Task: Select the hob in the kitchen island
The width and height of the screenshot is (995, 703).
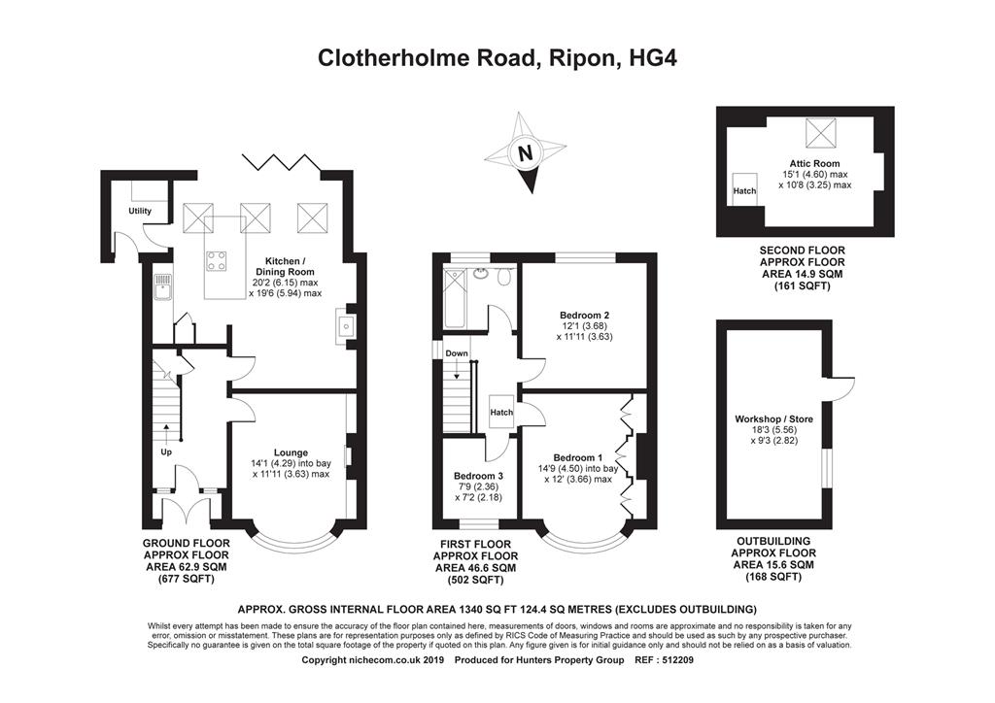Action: point(216,260)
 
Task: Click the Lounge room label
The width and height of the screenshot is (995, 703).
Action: point(291,452)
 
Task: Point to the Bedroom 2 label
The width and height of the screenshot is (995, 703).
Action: point(584,315)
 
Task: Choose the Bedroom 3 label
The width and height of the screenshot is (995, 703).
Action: point(478,476)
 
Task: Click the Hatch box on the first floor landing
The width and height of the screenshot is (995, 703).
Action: point(501,412)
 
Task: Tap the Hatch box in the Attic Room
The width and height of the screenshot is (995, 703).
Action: point(744,191)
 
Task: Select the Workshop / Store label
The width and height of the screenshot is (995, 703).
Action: point(773,419)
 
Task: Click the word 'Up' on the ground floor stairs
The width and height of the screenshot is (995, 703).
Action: point(166,452)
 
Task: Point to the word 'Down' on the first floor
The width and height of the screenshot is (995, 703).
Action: point(457,353)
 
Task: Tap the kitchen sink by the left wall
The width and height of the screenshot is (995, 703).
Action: point(160,285)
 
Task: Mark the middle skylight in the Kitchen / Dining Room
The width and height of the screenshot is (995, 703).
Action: point(256,215)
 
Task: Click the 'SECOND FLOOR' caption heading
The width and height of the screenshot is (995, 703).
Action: point(802,251)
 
